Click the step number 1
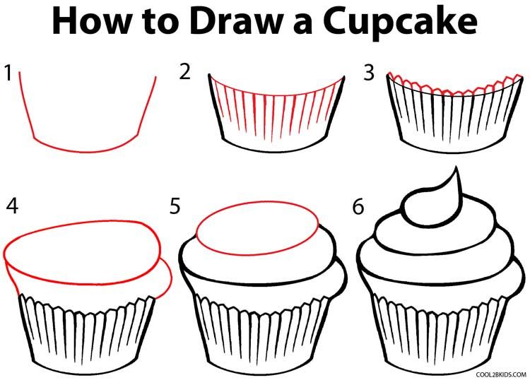pyautogui.click(x=8, y=73)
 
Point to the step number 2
pyautogui.click(x=185, y=73)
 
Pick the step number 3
pyautogui.click(x=367, y=73)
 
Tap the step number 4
pyautogui.click(x=12, y=206)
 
